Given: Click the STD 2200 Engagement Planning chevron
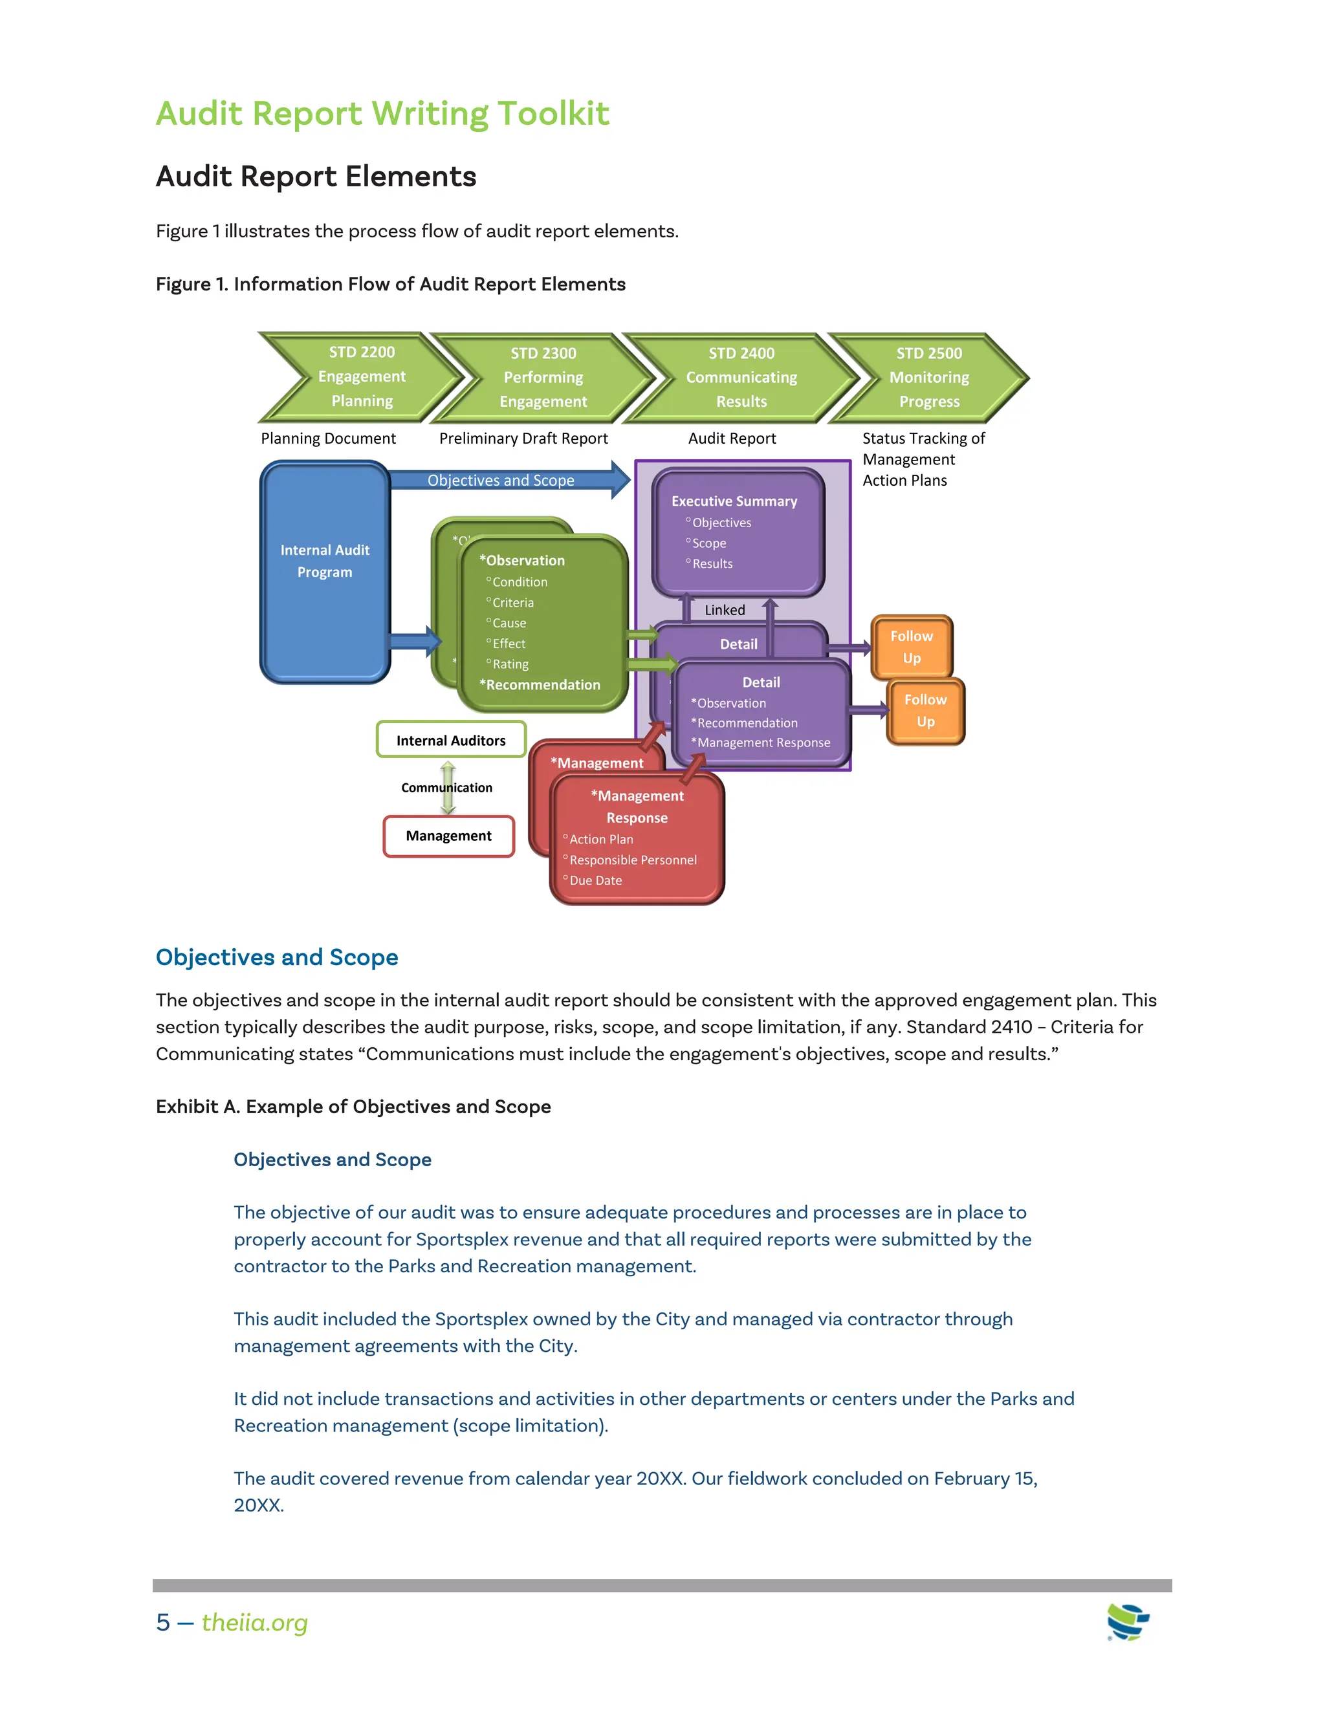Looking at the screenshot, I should [x=362, y=376].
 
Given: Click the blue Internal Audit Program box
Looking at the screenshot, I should [x=325, y=571].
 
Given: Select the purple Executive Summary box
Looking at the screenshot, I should [x=738, y=532].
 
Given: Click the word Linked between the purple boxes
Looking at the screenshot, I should [x=725, y=610].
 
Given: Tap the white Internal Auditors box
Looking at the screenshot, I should [x=450, y=740].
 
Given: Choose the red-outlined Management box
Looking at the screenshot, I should [x=448, y=836].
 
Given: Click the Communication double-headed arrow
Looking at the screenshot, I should [x=448, y=787].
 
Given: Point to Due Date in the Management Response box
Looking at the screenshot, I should [x=596, y=880].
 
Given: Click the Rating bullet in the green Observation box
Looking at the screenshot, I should [x=510, y=664].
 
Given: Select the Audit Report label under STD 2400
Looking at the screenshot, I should [x=732, y=439].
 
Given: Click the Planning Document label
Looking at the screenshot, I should [x=328, y=439].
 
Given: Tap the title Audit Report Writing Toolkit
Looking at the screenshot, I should [x=382, y=114].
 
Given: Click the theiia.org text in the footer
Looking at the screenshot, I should [x=254, y=1622].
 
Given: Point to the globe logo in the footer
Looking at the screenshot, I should [x=1127, y=1622].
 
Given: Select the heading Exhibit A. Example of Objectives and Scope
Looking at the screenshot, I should [x=353, y=1107].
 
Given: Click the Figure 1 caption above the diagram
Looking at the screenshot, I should [x=390, y=284].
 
